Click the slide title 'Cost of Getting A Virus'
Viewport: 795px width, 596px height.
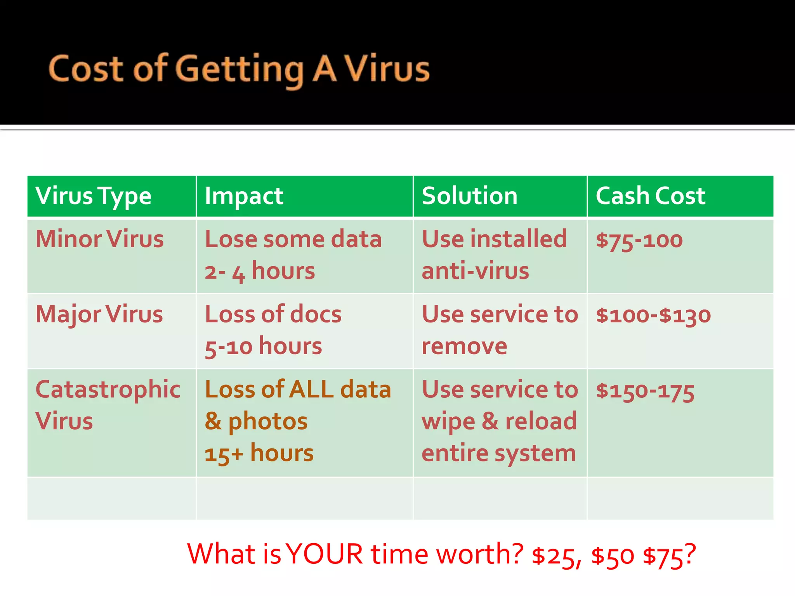pos(239,70)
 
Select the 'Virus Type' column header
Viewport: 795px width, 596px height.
pos(93,196)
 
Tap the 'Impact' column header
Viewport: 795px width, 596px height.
pos(244,196)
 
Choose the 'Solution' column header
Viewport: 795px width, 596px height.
pos(469,196)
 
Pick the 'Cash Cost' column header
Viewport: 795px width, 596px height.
pos(650,196)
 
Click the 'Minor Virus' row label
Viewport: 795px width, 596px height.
pos(99,239)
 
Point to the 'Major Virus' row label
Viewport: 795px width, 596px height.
pos(99,314)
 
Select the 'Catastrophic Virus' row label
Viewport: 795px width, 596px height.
pos(108,405)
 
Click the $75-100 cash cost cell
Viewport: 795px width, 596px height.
pos(639,240)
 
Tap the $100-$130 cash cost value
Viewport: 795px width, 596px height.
pos(653,315)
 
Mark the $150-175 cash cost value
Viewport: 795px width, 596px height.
pos(645,391)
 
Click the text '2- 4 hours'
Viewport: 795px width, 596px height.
pos(260,271)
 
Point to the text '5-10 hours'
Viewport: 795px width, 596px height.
pos(263,347)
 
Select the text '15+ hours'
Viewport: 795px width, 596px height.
pos(259,453)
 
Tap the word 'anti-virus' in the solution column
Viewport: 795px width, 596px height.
pos(475,271)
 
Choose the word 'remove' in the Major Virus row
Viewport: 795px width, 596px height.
pos(464,346)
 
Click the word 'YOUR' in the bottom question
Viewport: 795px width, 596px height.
pos(325,554)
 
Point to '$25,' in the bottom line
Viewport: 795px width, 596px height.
pos(556,556)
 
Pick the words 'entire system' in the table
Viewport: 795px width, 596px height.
pos(499,453)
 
